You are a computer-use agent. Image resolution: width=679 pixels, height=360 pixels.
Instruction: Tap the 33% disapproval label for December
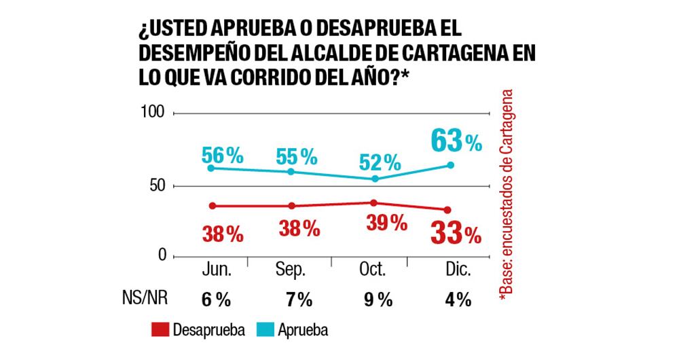pyautogui.click(x=455, y=234)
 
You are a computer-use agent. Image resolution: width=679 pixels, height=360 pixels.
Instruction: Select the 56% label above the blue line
pyautogui.click(x=222, y=156)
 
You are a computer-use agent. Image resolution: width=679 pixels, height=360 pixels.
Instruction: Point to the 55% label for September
pyautogui.click(x=297, y=157)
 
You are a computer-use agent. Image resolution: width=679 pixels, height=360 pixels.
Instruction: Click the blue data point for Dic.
pyautogui.click(x=451, y=165)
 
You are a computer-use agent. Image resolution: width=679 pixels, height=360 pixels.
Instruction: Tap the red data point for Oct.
pyautogui.click(x=373, y=202)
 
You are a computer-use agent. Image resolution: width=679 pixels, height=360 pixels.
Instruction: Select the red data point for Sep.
pyautogui.click(x=292, y=206)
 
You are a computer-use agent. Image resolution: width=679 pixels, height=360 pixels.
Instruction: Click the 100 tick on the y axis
pyautogui.click(x=153, y=111)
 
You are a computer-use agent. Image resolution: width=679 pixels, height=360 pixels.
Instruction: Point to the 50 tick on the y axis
pyautogui.click(x=156, y=186)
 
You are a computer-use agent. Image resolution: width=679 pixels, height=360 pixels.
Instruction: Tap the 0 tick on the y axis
pyautogui.click(x=161, y=255)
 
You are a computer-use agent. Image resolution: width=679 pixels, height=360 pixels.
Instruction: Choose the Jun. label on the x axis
pyautogui.click(x=217, y=270)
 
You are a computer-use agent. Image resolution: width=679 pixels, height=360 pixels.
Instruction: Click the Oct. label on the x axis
pyautogui.click(x=371, y=270)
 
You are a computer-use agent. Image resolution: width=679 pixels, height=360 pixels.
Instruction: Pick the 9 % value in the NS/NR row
pyautogui.click(x=377, y=300)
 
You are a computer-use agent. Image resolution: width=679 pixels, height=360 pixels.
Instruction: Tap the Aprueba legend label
pyautogui.click(x=303, y=330)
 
